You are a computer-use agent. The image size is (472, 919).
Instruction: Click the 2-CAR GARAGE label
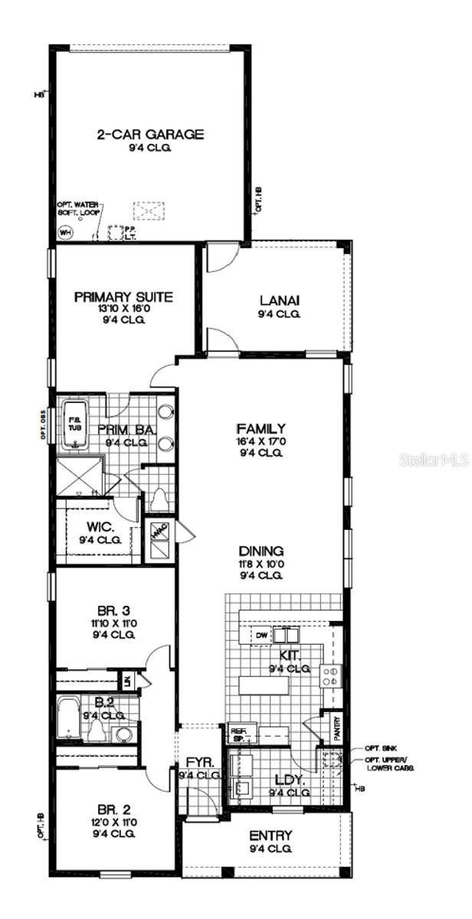point(150,135)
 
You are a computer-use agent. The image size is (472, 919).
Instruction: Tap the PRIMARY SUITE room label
point(123,297)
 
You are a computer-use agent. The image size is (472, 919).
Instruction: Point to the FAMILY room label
point(261,429)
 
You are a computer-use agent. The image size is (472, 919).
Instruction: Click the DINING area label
point(261,551)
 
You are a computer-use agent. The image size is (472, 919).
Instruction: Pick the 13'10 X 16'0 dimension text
point(123,309)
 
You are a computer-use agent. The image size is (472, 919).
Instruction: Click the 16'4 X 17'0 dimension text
point(261,441)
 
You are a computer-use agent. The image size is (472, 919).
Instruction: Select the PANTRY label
point(334,727)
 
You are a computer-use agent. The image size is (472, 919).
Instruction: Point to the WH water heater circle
point(66,233)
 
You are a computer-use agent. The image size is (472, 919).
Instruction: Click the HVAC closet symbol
point(159,531)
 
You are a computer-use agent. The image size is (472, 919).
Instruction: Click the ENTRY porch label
point(270,836)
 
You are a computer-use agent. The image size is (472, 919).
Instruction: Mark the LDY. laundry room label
point(289,781)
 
